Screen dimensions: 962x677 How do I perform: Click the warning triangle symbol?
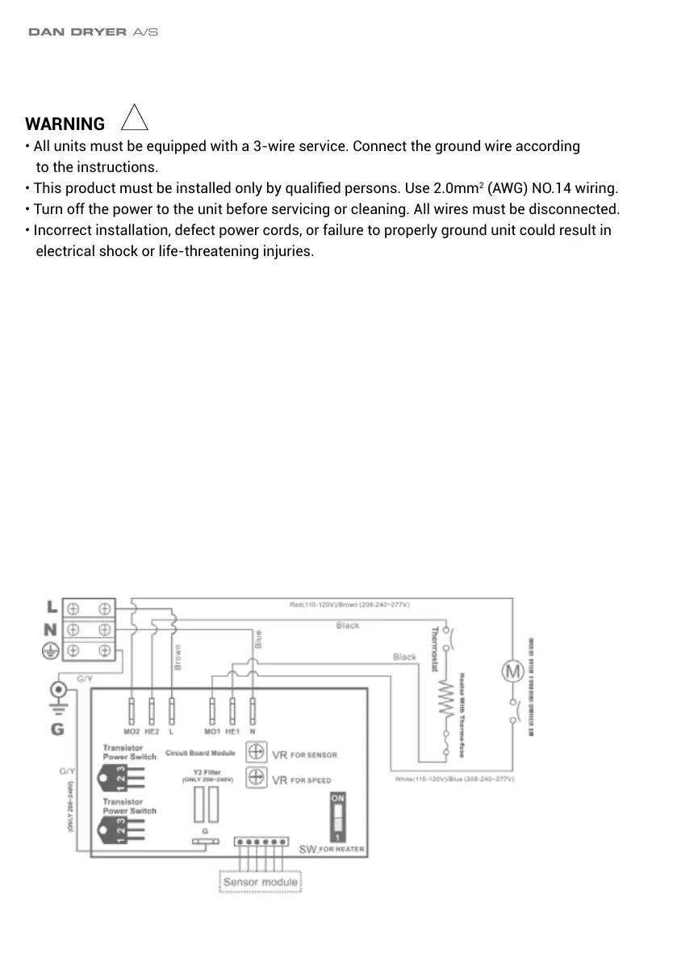tap(134, 120)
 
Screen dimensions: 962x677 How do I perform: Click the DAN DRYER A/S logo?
tap(93, 32)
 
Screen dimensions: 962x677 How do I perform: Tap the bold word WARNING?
tap(65, 124)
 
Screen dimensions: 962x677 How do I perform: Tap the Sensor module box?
tap(260, 881)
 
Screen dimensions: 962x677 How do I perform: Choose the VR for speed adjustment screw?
tap(255, 779)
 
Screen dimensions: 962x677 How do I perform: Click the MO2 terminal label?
tap(132, 731)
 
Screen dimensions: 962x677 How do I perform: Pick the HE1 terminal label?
tap(232, 731)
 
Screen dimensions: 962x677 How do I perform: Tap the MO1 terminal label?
tap(211, 731)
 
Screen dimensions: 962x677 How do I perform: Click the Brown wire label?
tap(178, 657)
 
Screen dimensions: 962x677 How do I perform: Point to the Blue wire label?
tap(258, 640)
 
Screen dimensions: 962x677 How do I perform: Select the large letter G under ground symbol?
tap(57, 729)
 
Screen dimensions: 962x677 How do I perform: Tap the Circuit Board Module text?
tap(200, 753)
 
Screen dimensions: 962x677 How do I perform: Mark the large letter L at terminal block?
tap(51, 606)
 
